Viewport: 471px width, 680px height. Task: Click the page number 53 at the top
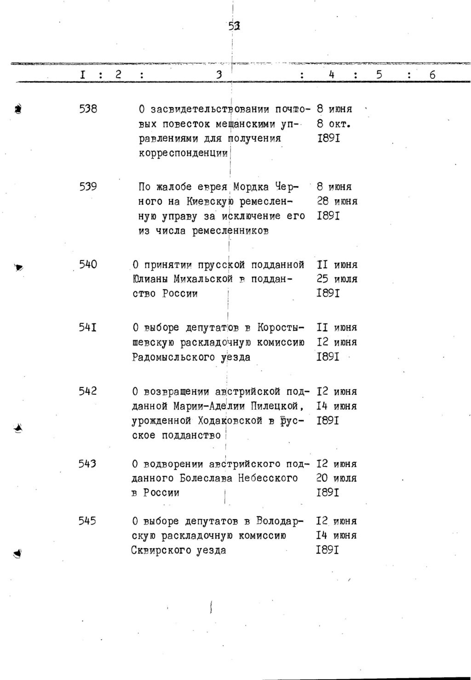(235, 27)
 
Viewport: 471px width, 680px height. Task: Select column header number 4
(331, 74)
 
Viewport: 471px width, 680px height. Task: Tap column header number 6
(432, 74)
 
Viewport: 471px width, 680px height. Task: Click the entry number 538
(87, 109)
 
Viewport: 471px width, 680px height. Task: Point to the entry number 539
(87, 187)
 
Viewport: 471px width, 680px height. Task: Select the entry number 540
(88, 265)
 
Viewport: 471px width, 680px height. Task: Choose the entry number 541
(87, 328)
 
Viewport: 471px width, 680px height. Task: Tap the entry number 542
(87, 391)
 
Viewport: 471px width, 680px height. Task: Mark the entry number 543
(87, 464)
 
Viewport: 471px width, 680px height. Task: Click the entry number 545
(87, 521)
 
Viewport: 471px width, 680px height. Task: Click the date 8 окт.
(334, 124)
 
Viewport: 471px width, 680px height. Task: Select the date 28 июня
(337, 202)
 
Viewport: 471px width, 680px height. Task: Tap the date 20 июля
(336, 478)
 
